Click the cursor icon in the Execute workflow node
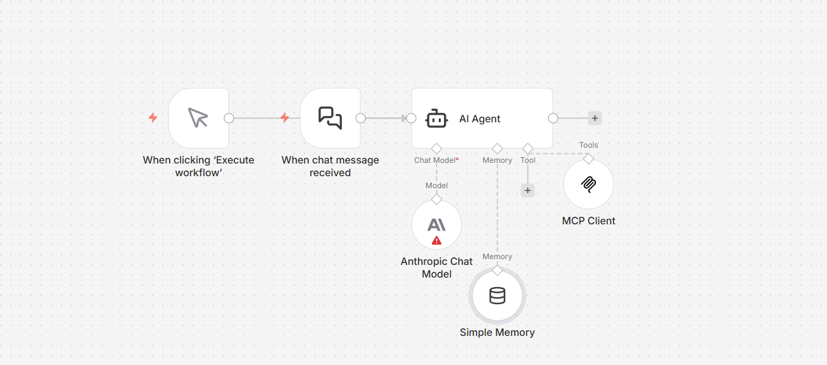198,118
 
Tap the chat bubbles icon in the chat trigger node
330,118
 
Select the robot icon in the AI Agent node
437,118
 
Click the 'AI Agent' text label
479,118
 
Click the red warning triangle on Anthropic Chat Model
436,241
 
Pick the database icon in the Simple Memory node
497,296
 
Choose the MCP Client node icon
588,184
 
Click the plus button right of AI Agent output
595,118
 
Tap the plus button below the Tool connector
527,190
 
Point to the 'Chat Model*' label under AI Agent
436,160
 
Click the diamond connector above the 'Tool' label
527,148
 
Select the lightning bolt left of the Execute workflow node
153,118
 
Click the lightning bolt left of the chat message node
284,118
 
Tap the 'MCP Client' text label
588,221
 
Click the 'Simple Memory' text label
497,332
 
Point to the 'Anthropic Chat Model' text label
436,267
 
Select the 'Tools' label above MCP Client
588,145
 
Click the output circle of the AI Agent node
553,118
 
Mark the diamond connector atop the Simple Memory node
497,271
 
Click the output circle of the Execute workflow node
229,118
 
